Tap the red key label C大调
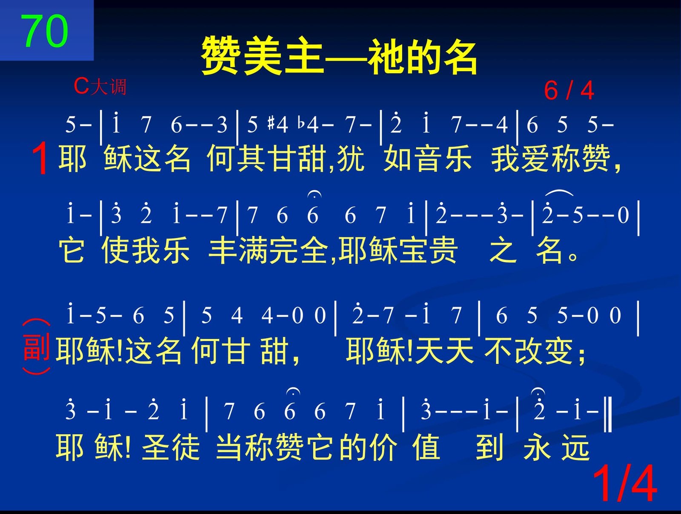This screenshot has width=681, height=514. (x=100, y=87)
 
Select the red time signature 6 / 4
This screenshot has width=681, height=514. (x=569, y=90)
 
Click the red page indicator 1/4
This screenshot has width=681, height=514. (x=624, y=483)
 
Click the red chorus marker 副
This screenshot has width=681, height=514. (x=36, y=348)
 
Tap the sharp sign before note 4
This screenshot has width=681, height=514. (x=272, y=124)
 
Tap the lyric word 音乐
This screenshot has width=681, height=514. (x=443, y=159)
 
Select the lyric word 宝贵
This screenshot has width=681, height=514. (x=427, y=250)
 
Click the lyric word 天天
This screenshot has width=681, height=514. (x=445, y=350)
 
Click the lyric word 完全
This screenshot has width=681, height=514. (x=298, y=250)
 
